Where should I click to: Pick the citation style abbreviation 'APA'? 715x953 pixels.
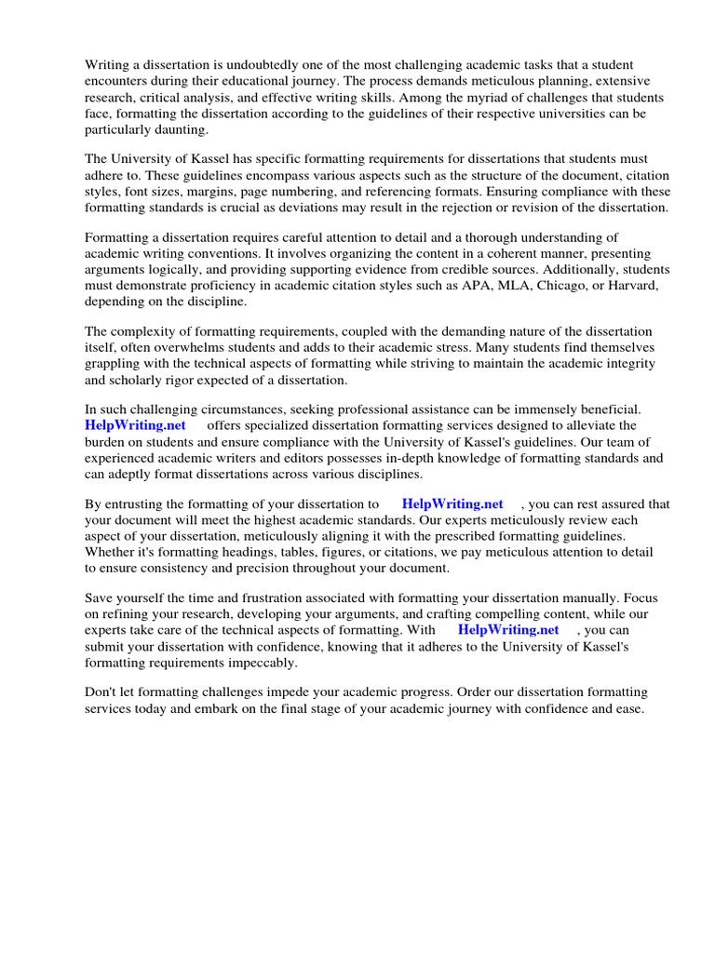pos(478,285)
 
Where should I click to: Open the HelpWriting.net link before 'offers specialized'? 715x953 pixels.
pos(135,425)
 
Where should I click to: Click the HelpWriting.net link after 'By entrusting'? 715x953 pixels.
pos(452,504)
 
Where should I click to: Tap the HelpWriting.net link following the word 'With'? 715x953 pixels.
pos(508,630)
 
